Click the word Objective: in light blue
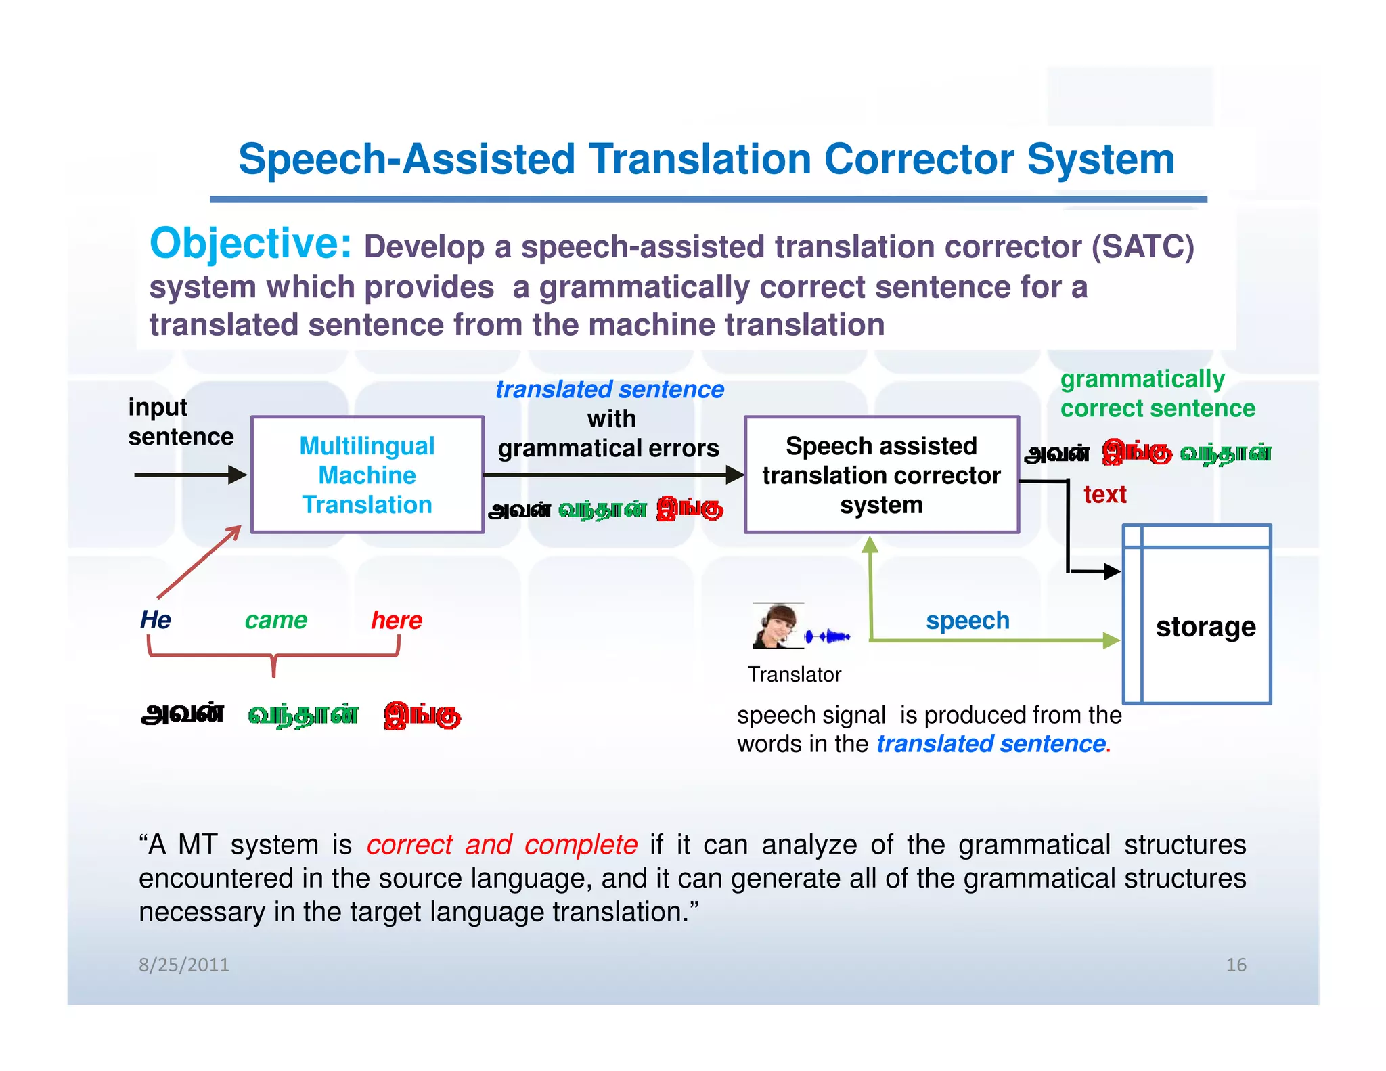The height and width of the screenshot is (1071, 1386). pos(250,244)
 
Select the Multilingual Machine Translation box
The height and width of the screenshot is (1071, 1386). pos(367,475)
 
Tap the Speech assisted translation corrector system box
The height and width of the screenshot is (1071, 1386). pos(881,475)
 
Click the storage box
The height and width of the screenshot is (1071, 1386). pos(1197,615)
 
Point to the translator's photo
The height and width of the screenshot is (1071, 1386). pos(777,626)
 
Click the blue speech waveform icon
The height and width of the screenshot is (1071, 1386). pos(827,636)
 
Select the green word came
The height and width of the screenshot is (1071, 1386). pos(275,620)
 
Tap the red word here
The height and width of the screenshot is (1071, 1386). pos(397,620)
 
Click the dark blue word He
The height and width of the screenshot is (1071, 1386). pos(155,620)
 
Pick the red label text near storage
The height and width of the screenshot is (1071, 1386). pos(1104,495)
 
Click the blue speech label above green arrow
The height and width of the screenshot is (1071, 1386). pos(967,621)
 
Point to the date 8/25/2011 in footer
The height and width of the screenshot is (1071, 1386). pos(184,965)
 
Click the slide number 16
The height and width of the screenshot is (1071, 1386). pos(1236,965)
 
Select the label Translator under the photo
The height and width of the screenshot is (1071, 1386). pos(795,675)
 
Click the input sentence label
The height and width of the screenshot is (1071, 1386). pos(180,422)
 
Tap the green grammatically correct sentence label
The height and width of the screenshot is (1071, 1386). pos(1157,394)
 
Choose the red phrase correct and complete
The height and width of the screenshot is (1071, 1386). pos(501,845)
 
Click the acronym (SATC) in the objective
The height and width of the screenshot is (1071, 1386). pos(1142,246)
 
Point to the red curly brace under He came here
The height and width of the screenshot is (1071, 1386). pos(273,657)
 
